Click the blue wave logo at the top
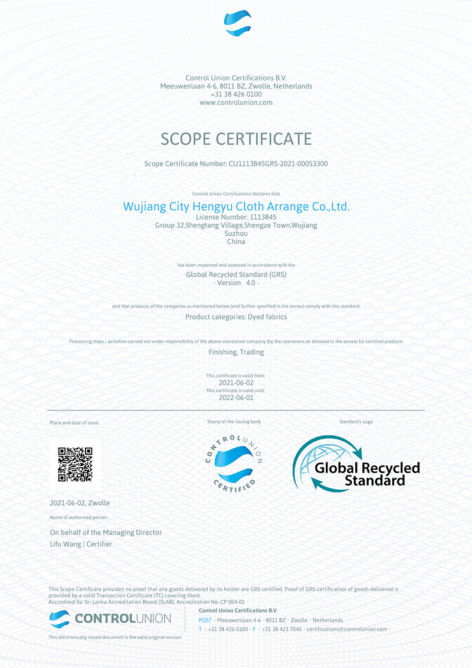coord(237,24)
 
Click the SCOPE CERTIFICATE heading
coord(236,139)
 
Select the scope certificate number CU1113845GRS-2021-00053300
coord(278,164)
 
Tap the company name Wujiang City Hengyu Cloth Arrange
coord(236,207)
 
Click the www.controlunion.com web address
coord(236,102)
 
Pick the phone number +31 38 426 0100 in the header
coord(236,94)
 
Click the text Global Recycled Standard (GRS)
coord(236,275)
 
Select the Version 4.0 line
coord(236,283)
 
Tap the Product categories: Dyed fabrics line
coord(236,317)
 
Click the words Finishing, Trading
coord(236,352)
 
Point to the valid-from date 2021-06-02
coord(236,383)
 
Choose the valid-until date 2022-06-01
coord(236,397)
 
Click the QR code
coord(75,465)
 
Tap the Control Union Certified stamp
coord(234,462)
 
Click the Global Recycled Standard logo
coord(356,464)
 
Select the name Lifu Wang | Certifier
coord(81,544)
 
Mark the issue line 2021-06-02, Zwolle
coord(80,503)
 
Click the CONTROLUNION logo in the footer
coord(110,619)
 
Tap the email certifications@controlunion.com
coord(347,629)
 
